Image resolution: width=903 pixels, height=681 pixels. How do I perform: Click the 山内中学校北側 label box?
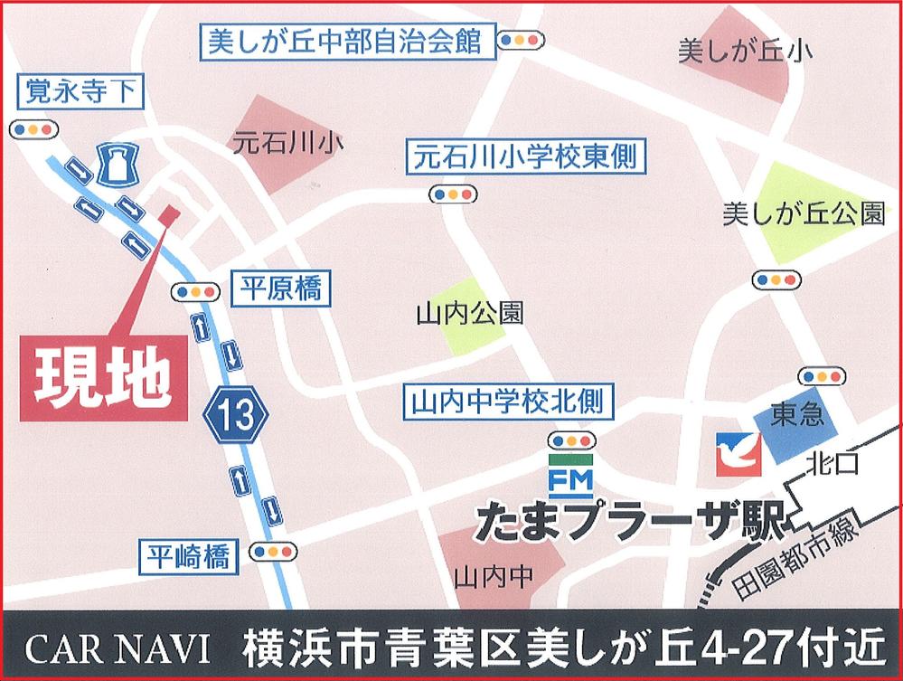tap(506, 400)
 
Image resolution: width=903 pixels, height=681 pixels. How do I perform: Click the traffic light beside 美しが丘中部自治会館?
tap(523, 40)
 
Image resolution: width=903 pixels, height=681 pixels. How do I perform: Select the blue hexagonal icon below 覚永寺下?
tap(115, 164)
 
